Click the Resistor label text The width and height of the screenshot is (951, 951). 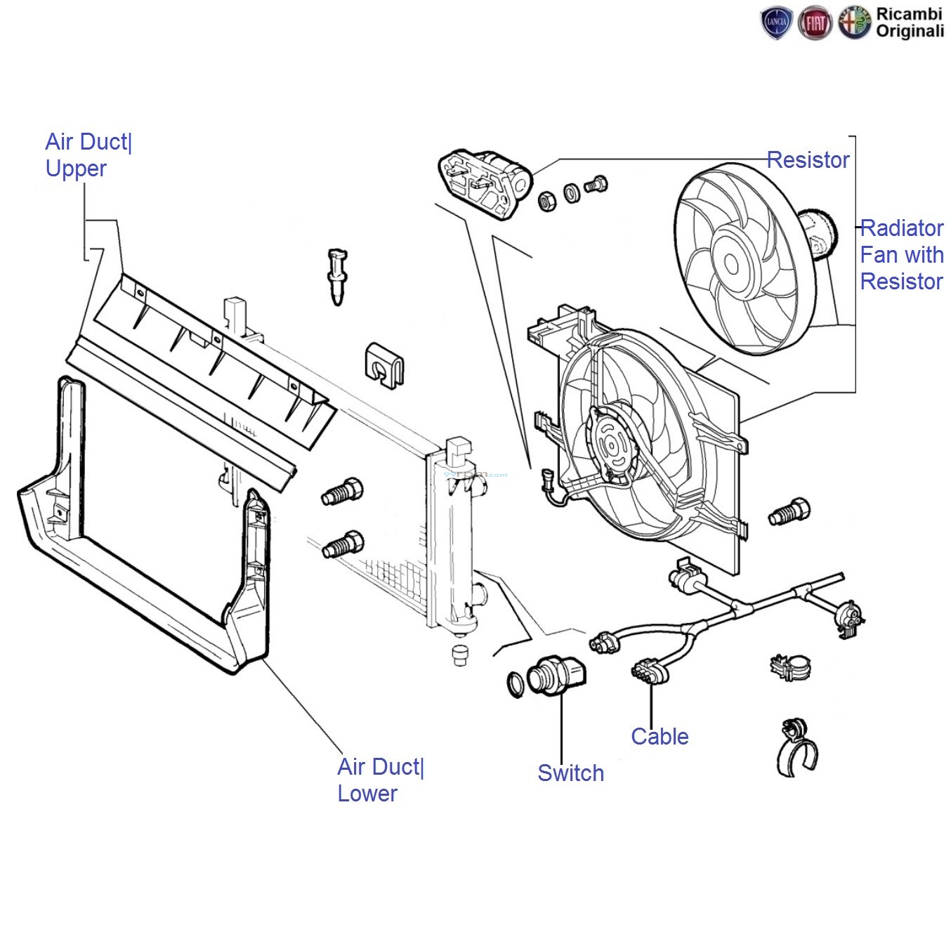point(808,160)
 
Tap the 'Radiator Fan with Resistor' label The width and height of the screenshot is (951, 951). point(901,254)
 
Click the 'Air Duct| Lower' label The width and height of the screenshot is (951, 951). point(380,780)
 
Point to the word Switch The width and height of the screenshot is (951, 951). point(570,773)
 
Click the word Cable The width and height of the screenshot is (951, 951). point(659,737)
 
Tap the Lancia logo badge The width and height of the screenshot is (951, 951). point(776,24)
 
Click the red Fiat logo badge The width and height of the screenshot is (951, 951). point(815,24)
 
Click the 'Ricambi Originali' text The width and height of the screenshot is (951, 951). point(910,22)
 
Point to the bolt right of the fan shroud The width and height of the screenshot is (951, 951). point(789,512)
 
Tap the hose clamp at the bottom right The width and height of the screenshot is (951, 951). point(798,748)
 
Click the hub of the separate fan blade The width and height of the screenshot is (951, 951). point(731,264)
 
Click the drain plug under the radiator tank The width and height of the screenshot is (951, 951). point(460,655)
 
